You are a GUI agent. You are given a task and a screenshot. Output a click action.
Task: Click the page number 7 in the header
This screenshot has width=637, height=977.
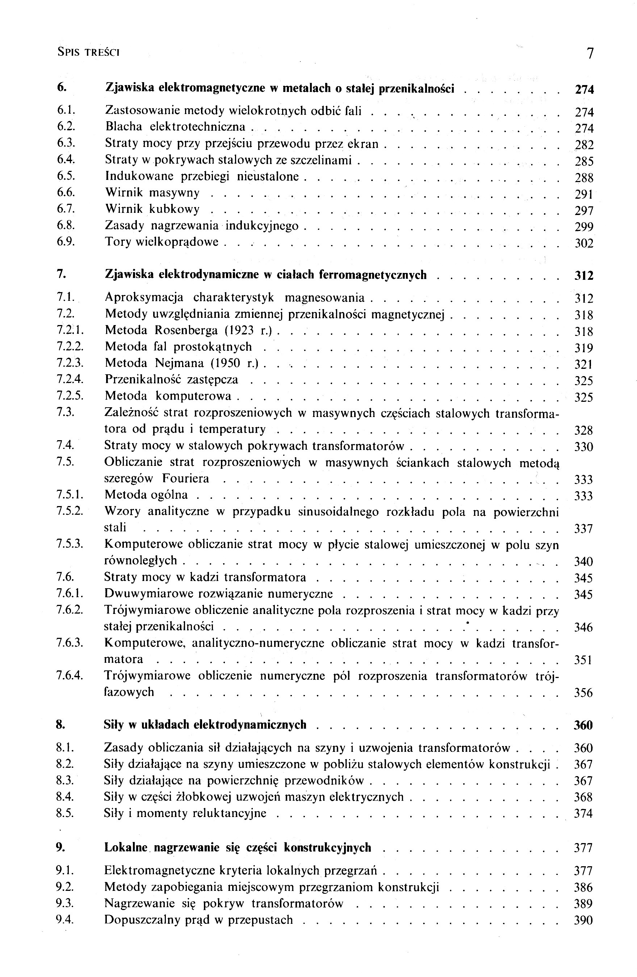pos(590,53)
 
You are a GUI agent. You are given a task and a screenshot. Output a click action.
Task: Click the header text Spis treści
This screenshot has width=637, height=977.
pos(88,52)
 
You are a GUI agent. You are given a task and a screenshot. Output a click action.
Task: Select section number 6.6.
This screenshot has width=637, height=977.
pos(65,193)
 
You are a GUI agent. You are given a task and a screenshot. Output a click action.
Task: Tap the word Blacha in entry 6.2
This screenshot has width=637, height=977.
pos(123,127)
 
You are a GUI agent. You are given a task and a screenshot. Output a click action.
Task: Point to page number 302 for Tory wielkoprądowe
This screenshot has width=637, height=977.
pos(584,243)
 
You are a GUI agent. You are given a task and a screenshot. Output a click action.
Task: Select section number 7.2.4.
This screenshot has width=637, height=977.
pos(70,380)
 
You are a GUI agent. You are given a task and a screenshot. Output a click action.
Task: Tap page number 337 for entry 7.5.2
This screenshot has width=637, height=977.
pos(583,529)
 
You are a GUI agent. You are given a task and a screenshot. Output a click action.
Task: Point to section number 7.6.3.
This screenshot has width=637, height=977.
pos(70,643)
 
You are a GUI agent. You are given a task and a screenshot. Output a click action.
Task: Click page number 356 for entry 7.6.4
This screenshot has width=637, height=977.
pos(583,693)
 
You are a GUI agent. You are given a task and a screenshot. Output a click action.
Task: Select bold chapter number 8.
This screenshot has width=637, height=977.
pos(60,725)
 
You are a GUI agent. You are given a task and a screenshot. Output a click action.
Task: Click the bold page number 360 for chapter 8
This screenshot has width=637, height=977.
pos(583,725)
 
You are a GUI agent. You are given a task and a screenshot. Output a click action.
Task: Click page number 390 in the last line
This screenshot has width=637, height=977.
pos(583,920)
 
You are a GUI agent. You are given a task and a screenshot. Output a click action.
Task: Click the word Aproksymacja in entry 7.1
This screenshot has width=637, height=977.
pos(144,297)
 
